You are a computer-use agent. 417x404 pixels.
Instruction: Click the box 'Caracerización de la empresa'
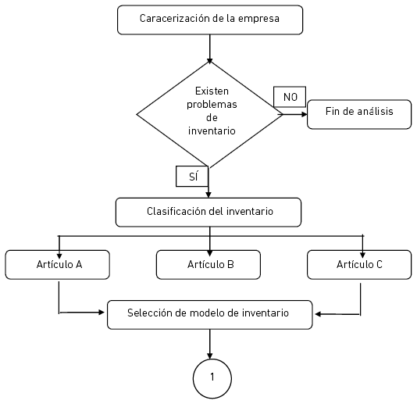pos(210,20)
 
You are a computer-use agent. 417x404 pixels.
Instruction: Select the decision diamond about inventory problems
pos(210,114)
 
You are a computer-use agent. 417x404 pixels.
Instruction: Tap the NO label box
pos(290,97)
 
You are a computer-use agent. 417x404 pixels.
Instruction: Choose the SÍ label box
pos(192,176)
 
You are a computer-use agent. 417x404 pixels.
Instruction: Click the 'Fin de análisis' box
pos(359,114)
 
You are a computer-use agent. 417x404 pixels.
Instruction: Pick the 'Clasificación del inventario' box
pos(208,212)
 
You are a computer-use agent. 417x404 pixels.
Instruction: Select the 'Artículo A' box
pos(58,265)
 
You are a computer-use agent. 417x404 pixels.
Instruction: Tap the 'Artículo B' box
pos(208,265)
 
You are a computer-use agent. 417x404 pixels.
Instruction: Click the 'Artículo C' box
pos(359,265)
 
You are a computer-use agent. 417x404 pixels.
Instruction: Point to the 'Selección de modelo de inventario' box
pos(210,315)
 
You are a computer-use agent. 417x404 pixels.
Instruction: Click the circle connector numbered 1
pos(212,378)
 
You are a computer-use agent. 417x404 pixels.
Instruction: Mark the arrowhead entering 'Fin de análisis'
pos(305,114)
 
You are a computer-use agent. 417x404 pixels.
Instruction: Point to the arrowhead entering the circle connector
pos(210,356)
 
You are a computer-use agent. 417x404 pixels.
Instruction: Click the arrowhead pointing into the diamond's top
pos(210,61)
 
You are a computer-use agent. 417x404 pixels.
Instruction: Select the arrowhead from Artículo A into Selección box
pos(102,313)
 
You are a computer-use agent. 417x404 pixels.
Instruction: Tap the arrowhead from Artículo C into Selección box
pos(318,314)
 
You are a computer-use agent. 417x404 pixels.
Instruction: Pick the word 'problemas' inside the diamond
pos(212,105)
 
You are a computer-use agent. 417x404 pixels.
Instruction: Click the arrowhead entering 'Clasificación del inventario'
pos(208,195)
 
